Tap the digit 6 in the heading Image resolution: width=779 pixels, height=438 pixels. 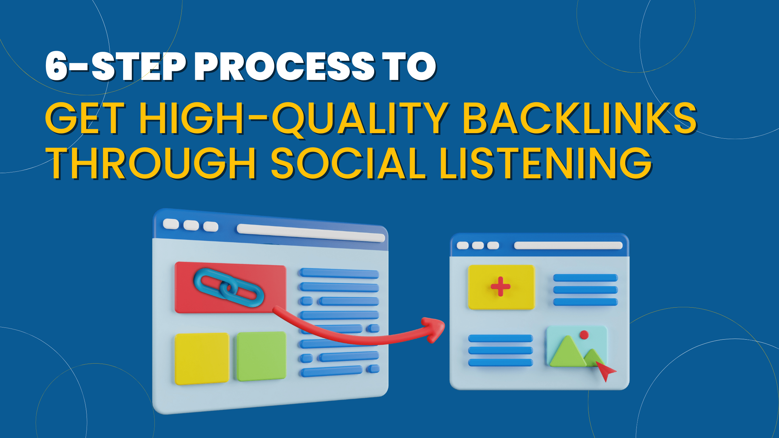coord(56,67)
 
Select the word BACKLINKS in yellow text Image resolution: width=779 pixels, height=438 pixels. coord(579,119)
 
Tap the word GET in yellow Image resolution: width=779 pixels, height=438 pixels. coord(85,119)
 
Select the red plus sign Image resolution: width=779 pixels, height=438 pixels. coord(500,287)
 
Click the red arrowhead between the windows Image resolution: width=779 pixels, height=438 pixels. coord(435,328)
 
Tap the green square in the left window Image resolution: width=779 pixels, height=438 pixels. coord(261,356)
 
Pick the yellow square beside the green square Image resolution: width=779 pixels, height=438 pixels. coord(201,358)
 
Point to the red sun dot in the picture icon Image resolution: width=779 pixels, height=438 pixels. coord(584,335)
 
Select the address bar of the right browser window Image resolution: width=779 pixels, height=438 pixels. coord(568,245)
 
